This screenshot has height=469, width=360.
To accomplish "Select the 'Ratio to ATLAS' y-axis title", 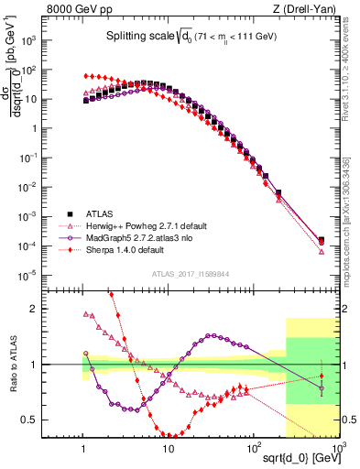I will click(x=38, y=365).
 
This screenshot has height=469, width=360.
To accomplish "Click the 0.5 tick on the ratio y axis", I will click(x=65, y=420).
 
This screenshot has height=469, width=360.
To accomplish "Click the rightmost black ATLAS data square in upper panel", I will click(x=322, y=241).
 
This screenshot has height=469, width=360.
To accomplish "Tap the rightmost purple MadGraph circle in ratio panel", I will click(x=322, y=388).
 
